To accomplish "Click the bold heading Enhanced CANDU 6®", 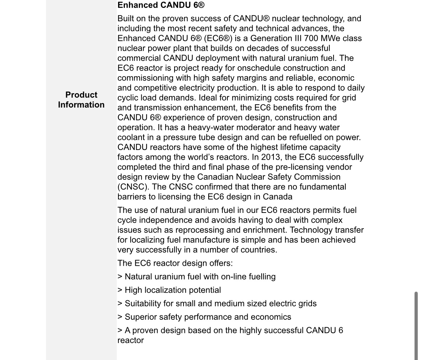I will click(x=161, y=5).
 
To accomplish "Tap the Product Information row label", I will click(x=81, y=100).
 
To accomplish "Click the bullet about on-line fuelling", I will click(x=196, y=277).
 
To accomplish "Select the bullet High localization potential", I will click(x=169, y=290).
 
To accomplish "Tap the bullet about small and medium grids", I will click(x=217, y=304).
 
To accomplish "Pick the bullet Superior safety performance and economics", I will click(x=204, y=317).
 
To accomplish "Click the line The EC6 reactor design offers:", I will click(x=175, y=263).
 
